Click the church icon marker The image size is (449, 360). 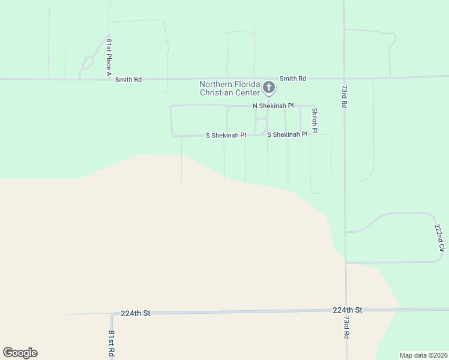click(x=268, y=88)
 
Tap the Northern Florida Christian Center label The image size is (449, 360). click(x=229, y=88)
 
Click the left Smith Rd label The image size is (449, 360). click(x=128, y=79)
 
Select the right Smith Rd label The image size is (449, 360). click(x=293, y=79)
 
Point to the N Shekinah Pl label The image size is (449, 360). click(x=273, y=106)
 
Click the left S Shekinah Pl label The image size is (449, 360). click(x=226, y=136)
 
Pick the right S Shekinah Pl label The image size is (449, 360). click(x=287, y=134)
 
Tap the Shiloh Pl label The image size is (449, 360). click(x=314, y=120)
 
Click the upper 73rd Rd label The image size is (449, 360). click(x=345, y=96)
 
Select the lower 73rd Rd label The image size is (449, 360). click(x=346, y=328)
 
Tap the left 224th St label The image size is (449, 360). click(x=135, y=313)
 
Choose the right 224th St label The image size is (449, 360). click(x=348, y=310)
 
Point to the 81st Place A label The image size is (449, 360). click(x=109, y=57)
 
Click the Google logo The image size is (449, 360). click(x=20, y=353)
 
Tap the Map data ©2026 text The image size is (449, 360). click(x=423, y=355)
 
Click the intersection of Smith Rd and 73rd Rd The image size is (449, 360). click(x=345, y=77)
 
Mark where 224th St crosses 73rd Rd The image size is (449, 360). click(x=346, y=310)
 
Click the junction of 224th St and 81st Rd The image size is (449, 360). click(x=112, y=313)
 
